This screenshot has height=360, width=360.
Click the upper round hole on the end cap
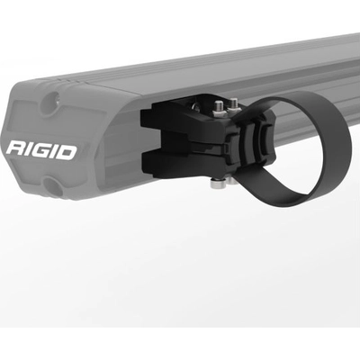(45, 101)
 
